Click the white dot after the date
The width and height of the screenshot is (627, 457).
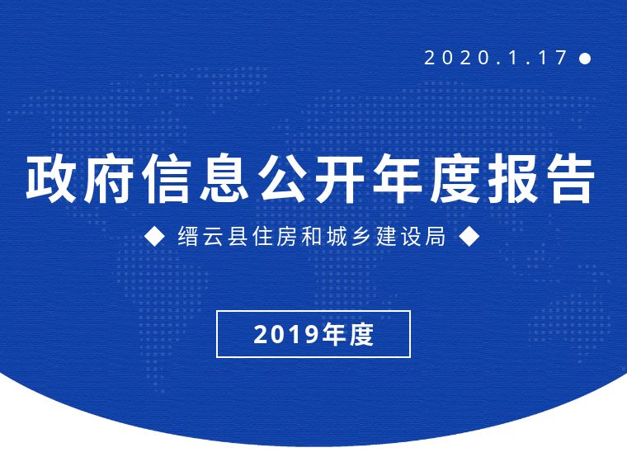(585, 59)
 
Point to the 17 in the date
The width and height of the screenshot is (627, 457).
(552, 58)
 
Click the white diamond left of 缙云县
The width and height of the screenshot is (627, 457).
(154, 236)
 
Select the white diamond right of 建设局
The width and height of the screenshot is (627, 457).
(469, 236)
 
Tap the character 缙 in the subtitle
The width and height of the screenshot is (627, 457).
(188, 236)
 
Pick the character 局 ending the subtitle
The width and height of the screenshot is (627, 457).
(436, 236)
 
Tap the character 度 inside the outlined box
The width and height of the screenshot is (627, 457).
(361, 334)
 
